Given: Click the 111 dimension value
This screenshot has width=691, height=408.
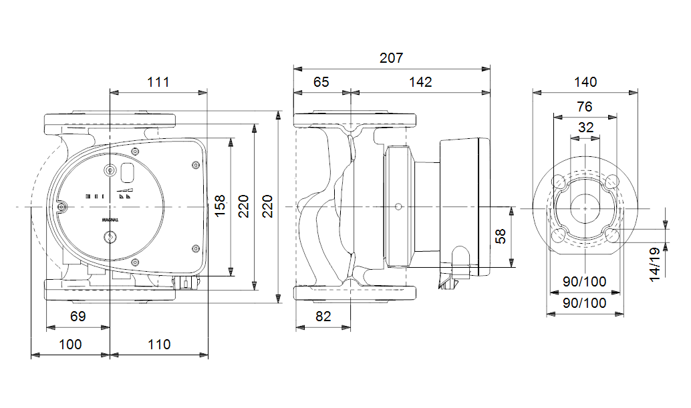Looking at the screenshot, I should (x=158, y=82).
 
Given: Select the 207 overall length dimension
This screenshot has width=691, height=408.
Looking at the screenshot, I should (x=392, y=58).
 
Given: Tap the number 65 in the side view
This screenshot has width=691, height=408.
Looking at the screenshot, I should (x=321, y=82).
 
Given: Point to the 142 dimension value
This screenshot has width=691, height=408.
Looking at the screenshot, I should (x=420, y=82).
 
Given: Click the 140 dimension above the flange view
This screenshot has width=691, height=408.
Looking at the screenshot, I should (x=585, y=82).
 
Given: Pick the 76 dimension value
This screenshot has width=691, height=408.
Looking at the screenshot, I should (x=585, y=107).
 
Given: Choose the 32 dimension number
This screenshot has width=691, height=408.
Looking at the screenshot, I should (x=585, y=128).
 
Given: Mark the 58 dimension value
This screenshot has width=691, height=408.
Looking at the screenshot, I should (x=501, y=236).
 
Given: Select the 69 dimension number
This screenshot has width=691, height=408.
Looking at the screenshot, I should (x=78, y=317).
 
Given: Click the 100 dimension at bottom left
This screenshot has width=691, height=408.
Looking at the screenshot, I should (x=70, y=345).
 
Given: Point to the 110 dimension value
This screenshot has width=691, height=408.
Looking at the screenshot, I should (x=159, y=345).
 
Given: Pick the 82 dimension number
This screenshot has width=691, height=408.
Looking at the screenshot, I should (x=323, y=317).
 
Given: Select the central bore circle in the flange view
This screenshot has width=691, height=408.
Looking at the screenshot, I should (x=585, y=208).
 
